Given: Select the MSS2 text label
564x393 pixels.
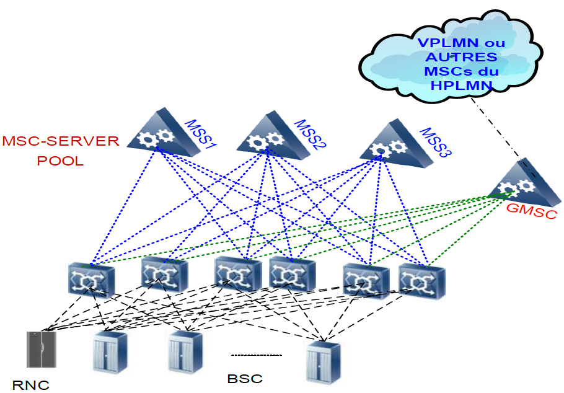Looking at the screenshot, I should click(x=311, y=135).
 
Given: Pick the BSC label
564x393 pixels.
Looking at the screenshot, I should click(x=245, y=378).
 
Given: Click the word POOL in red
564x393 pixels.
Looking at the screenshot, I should click(x=61, y=160).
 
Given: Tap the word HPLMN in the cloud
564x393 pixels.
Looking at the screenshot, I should click(x=460, y=85).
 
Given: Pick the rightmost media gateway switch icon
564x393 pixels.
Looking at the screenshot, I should click(x=421, y=280).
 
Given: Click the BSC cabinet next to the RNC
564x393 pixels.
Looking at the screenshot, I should click(x=109, y=352).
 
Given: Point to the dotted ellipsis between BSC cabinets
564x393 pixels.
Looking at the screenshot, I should click(x=256, y=355).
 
